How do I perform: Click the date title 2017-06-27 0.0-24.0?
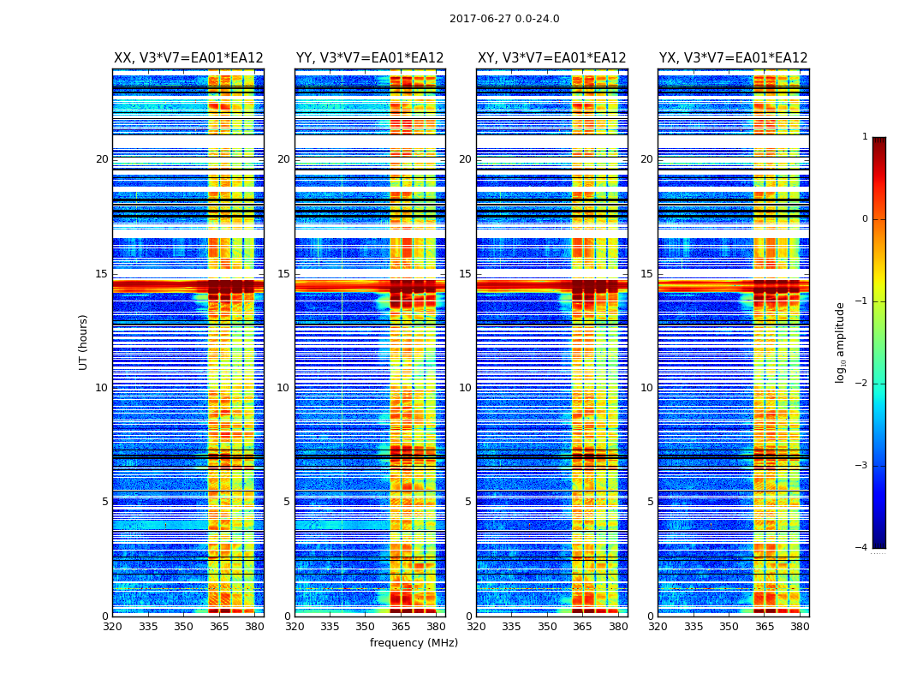point(504,19)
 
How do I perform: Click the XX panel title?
point(188,58)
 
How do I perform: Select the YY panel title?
point(370,58)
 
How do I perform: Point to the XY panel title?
point(552,58)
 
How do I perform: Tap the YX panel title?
point(734,58)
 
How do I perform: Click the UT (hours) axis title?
point(84,342)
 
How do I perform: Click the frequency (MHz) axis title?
point(414,643)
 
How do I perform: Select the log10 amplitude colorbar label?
point(841,342)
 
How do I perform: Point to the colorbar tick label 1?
point(864,137)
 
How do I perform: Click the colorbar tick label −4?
point(862,548)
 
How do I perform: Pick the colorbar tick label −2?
point(862,384)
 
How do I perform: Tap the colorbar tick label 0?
point(864,219)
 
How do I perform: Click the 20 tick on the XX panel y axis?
point(102,159)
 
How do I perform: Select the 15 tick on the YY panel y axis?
point(283,274)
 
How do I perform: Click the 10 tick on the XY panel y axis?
point(465,388)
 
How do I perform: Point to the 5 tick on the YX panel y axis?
point(650,502)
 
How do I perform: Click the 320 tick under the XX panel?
point(113,627)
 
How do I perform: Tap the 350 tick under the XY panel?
point(547,627)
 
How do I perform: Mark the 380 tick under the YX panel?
point(800,627)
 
